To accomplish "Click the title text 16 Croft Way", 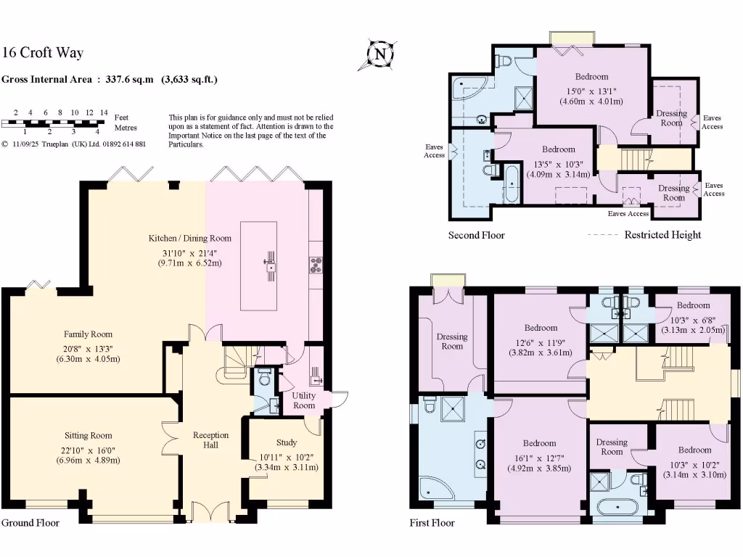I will pos(43,52).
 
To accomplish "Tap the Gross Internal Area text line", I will pos(110,80).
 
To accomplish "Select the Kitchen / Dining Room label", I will pos(190,238).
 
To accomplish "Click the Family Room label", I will pos(88,334).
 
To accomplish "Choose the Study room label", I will pos(286,442).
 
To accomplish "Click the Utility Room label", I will pos(304,400).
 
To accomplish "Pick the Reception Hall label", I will pos(210,440).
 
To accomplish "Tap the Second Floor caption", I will pos(476,235).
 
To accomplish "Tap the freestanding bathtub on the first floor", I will pos(618,507).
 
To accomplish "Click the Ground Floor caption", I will pos(30,522).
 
